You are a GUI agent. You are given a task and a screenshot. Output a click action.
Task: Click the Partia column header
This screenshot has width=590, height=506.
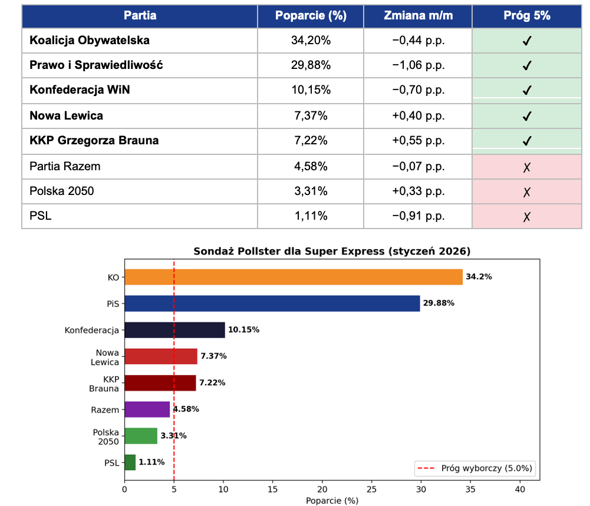tap(140, 16)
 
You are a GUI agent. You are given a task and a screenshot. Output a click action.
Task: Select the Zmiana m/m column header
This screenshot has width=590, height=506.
tap(418, 16)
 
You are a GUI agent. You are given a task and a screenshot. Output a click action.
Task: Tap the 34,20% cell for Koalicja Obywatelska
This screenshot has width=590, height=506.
tap(311, 41)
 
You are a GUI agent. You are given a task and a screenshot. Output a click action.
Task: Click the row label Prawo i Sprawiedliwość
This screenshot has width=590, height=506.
tap(96, 65)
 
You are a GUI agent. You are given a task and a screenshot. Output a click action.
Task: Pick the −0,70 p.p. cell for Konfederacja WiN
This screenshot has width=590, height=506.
tap(418, 90)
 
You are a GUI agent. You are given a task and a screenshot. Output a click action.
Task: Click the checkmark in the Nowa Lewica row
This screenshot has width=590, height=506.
tap(527, 116)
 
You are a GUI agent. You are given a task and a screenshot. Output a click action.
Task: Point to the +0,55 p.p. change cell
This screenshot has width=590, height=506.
tap(418, 141)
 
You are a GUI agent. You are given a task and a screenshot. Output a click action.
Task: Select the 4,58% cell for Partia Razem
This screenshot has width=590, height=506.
tap(311, 166)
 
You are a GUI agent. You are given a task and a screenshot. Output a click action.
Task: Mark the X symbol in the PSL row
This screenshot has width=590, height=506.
tap(527, 217)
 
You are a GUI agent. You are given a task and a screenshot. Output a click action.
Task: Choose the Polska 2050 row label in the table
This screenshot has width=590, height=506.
tap(62, 191)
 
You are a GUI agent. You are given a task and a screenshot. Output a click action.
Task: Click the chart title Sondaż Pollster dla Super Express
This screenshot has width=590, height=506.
tap(332, 252)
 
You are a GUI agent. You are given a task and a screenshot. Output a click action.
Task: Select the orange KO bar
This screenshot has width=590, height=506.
tap(294, 277)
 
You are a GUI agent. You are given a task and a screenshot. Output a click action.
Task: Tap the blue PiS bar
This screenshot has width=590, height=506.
tap(272, 303)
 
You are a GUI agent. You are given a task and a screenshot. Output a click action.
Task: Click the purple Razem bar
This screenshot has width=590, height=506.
tap(147, 409)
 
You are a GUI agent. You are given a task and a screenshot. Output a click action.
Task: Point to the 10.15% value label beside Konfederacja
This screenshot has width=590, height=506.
tap(243, 330)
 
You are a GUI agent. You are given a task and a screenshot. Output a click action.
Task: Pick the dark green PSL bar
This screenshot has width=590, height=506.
tap(130, 462)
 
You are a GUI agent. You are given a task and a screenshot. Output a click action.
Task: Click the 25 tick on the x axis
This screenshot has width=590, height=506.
tap(371, 489)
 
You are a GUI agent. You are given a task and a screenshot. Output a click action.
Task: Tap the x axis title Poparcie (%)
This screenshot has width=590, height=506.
tap(332, 501)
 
